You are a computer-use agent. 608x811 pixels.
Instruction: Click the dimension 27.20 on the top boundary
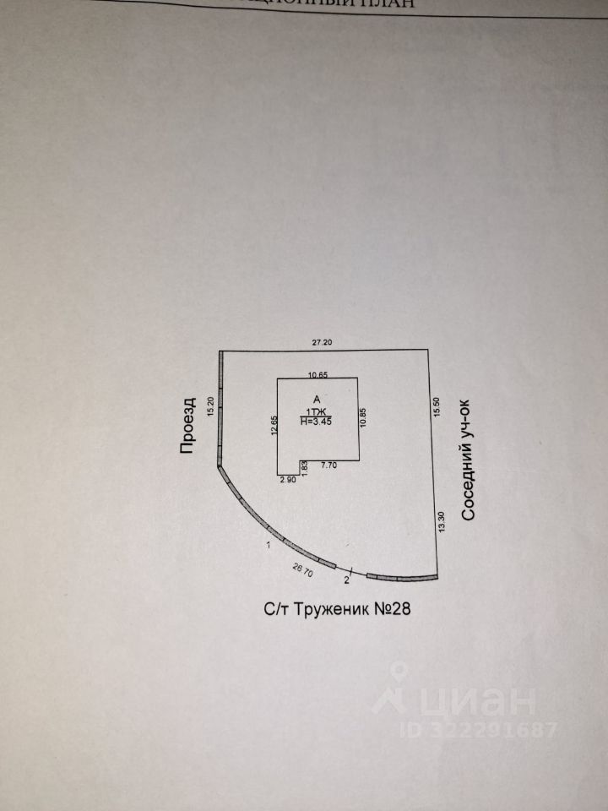pyautogui.click(x=322, y=342)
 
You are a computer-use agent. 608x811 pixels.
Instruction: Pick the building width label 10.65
pyautogui.click(x=318, y=374)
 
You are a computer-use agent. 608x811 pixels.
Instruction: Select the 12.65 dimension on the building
pyautogui.click(x=274, y=424)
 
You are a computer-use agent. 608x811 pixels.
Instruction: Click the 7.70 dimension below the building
pyautogui.click(x=328, y=465)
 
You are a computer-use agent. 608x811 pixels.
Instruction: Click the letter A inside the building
pyautogui.click(x=317, y=399)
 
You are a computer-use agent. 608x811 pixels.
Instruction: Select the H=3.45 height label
pyautogui.click(x=317, y=421)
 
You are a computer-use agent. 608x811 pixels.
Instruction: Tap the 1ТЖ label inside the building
pyautogui.click(x=317, y=410)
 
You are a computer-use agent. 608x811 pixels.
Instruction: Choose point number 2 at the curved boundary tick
pyautogui.click(x=347, y=580)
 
